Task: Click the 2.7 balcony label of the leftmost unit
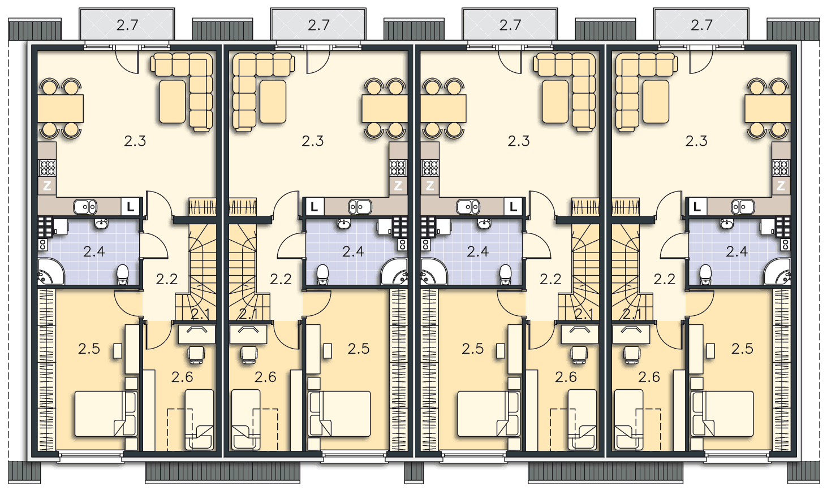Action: [127, 25]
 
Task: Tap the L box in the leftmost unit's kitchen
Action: [130, 207]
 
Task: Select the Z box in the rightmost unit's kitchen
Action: [781, 185]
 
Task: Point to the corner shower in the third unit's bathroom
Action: [433, 272]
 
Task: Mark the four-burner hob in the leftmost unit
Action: [48, 168]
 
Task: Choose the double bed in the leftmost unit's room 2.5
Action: [106, 414]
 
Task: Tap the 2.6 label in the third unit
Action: [566, 377]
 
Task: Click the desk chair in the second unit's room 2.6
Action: [249, 354]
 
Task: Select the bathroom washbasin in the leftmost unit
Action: [101, 224]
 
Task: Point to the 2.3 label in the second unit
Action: [313, 141]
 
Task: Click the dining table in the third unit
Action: [443, 108]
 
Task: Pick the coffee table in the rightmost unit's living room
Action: [656, 102]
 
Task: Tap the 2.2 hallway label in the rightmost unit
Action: [665, 279]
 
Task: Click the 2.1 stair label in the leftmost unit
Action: [200, 314]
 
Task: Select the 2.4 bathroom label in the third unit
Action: [478, 251]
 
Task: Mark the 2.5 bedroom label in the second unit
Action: [359, 349]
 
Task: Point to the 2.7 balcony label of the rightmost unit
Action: [701, 25]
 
